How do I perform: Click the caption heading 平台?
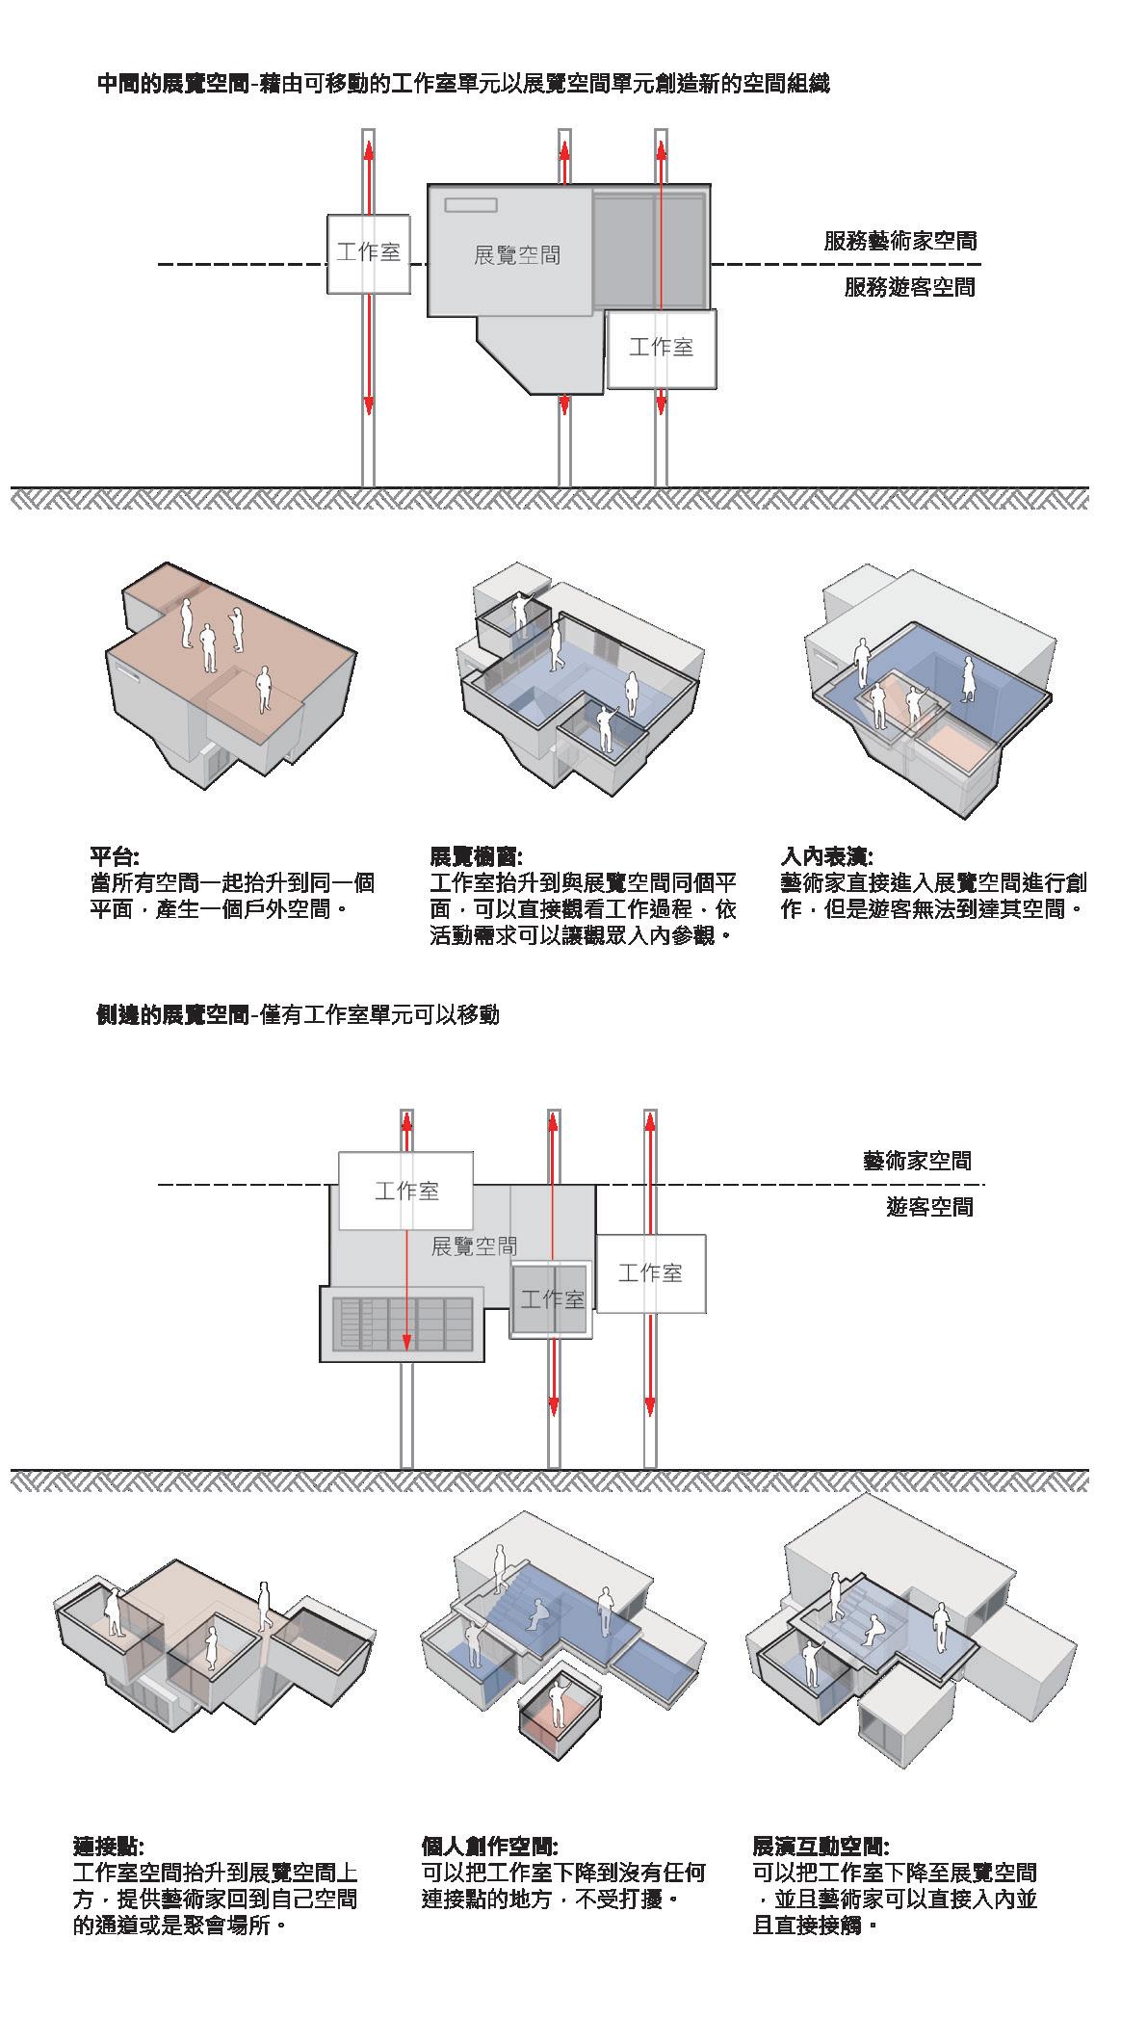tap(115, 856)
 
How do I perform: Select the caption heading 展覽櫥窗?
tap(476, 856)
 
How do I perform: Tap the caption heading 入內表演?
tap(826, 856)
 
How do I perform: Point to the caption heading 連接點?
tap(108, 1847)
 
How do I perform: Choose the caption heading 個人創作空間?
tap(489, 1847)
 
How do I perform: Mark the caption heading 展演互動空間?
tap(821, 1847)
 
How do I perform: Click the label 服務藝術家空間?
tap(899, 241)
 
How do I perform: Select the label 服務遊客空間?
tap(909, 287)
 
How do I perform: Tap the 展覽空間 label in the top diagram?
tap(517, 255)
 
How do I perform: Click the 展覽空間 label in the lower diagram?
tap(474, 1246)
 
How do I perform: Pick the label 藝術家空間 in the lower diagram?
tap(917, 1161)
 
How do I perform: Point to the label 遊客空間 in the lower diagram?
tap(929, 1207)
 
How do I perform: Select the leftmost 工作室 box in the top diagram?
tap(368, 252)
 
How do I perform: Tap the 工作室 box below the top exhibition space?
tap(661, 348)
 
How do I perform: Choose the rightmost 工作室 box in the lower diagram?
tap(650, 1273)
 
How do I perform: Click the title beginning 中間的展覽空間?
tap(463, 84)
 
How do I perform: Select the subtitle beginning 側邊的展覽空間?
tap(298, 1014)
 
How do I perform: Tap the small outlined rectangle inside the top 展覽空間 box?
tap(470, 204)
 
